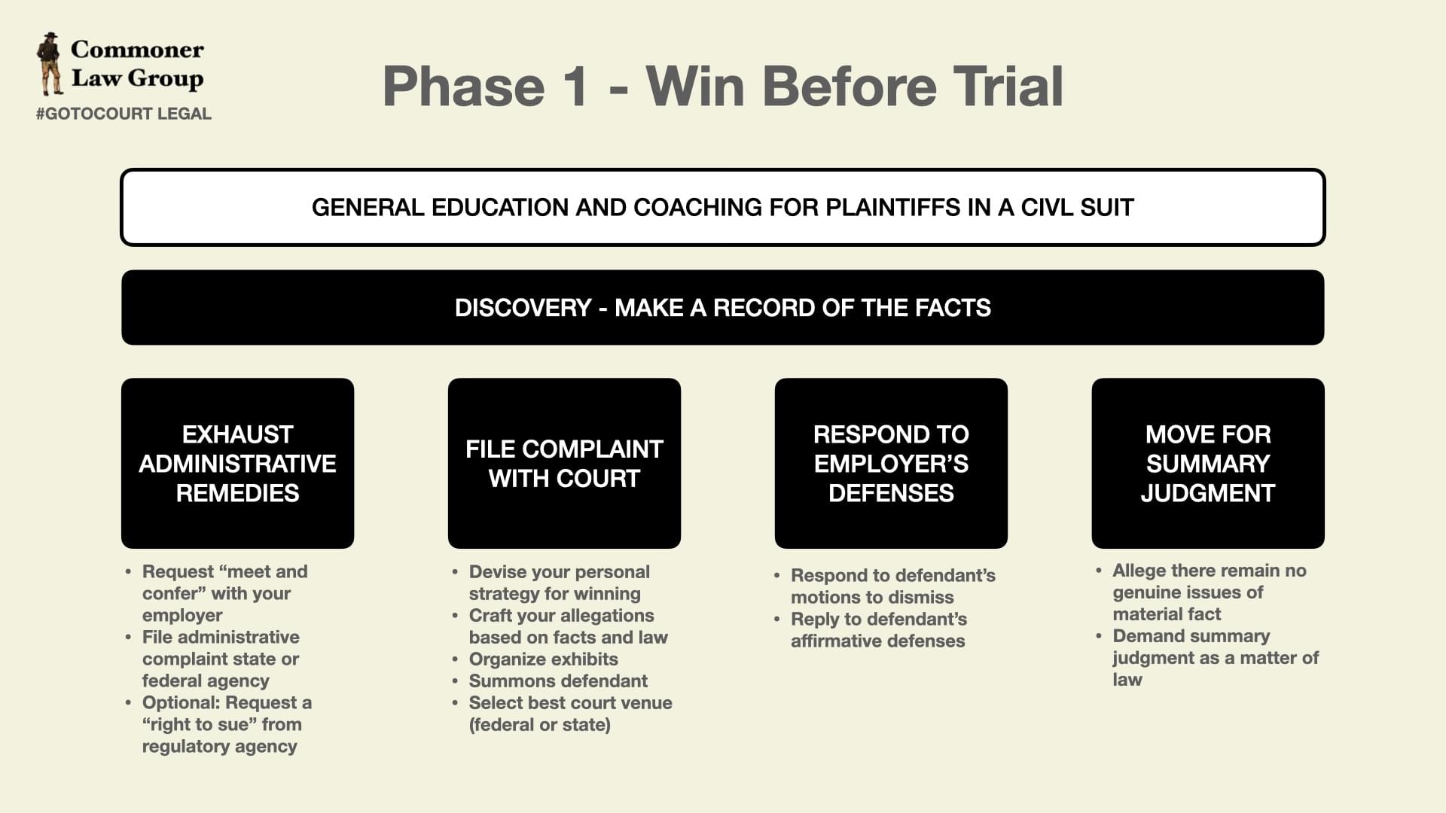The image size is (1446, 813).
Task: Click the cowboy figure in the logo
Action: tap(50, 64)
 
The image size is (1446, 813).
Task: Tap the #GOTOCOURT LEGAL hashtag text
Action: tap(124, 114)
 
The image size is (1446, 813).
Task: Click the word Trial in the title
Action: tap(1008, 86)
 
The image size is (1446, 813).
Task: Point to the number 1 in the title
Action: tap(574, 86)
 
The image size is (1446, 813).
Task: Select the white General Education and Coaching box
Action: tap(722, 207)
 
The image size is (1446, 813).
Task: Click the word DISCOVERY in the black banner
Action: tap(523, 308)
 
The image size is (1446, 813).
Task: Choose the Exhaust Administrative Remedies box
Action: tap(237, 463)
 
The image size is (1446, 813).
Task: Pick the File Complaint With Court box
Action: tap(564, 463)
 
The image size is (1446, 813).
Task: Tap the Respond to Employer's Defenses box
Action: tap(891, 463)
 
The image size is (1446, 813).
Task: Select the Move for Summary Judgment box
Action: tap(1208, 463)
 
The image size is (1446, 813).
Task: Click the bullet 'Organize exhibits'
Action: tap(543, 659)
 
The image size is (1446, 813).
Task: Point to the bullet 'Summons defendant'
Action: tap(558, 681)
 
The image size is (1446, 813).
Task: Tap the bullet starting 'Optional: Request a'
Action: tap(227, 724)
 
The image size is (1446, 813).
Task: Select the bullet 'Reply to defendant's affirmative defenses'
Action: tap(878, 630)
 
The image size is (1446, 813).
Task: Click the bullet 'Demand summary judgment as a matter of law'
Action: tap(1215, 658)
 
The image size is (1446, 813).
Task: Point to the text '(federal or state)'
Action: tap(540, 725)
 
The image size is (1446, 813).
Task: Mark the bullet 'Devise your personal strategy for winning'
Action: tap(559, 583)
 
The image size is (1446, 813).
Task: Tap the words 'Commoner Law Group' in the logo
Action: tap(137, 64)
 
